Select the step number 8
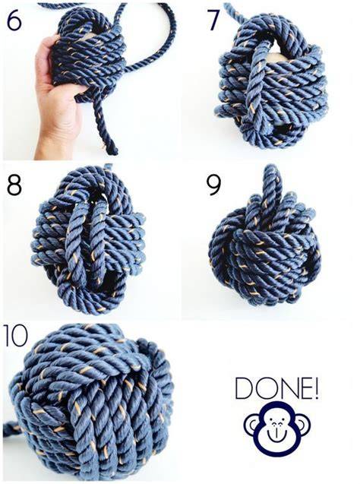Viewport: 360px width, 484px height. pyautogui.click(x=14, y=185)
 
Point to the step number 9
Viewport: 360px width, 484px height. pyautogui.click(x=213, y=185)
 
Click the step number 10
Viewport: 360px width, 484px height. pyautogui.click(x=14, y=335)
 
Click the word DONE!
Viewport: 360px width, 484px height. pyautogui.click(x=276, y=388)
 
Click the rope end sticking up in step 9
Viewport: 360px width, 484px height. pyautogui.click(x=272, y=185)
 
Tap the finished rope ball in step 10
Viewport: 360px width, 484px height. pyautogui.click(x=93, y=401)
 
